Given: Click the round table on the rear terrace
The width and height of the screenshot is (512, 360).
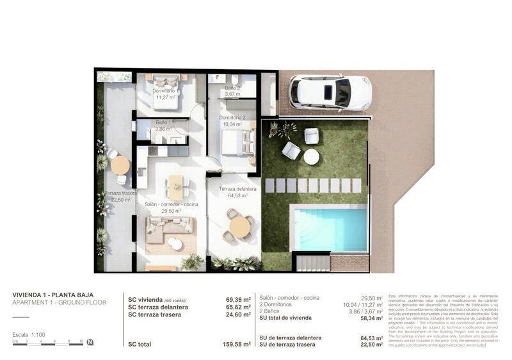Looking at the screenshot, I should point(120,165).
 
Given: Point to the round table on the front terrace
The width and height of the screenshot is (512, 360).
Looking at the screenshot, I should point(239,226).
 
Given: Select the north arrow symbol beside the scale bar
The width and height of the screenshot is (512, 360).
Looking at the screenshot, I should point(90,342).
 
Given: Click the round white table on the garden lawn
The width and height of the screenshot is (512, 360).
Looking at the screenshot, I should point(312,157).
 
